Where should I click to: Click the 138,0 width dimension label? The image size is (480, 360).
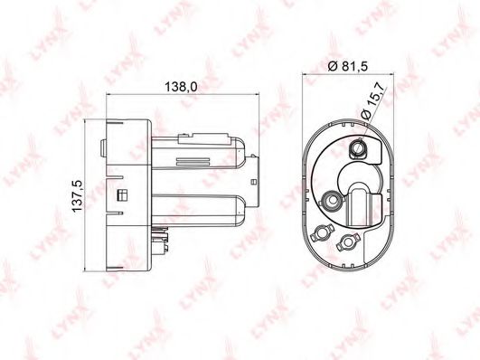point(181,87)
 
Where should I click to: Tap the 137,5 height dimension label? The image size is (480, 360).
point(77,195)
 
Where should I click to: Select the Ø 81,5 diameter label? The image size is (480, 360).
point(347,66)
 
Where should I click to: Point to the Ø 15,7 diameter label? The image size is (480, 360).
point(372,101)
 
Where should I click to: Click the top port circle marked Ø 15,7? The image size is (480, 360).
point(357,148)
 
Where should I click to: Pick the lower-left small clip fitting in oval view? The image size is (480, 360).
point(321,232)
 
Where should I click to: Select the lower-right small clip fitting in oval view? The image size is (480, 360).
point(347,242)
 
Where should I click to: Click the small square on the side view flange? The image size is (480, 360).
point(122,194)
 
